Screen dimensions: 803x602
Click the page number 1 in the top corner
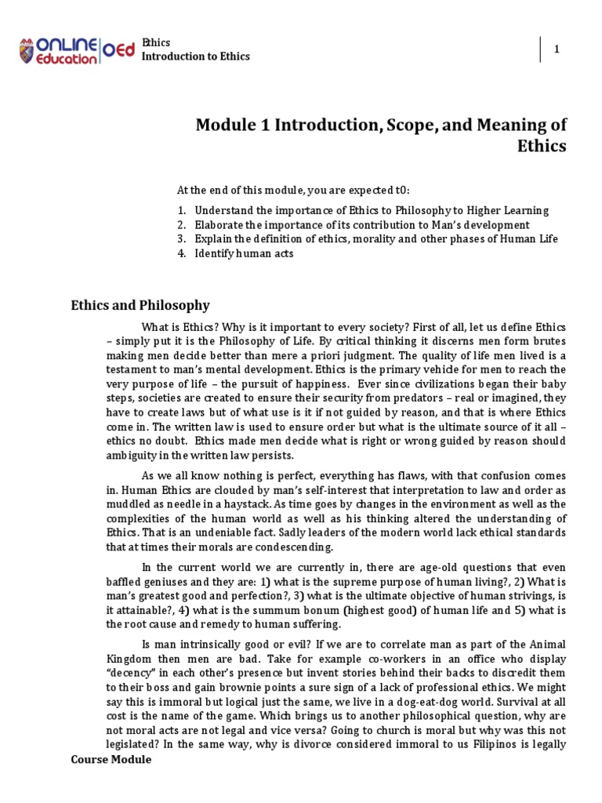click(x=557, y=49)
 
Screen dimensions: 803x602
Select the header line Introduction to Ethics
click(x=195, y=56)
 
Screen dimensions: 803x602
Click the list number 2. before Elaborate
click(x=181, y=225)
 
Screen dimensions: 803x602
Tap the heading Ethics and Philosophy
click(x=140, y=305)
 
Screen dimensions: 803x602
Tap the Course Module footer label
click(x=111, y=760)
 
